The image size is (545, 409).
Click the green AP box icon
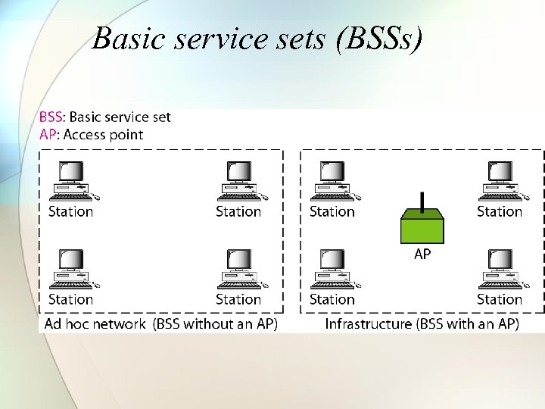tap(422, 225)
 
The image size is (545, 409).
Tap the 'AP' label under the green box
tap(422, 254)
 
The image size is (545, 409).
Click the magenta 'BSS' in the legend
tap(51, 117)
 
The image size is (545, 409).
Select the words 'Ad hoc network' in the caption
tap(95, 323)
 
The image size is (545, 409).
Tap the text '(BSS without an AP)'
tap(215, 323)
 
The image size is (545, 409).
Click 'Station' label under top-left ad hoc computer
tap(70, 211)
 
